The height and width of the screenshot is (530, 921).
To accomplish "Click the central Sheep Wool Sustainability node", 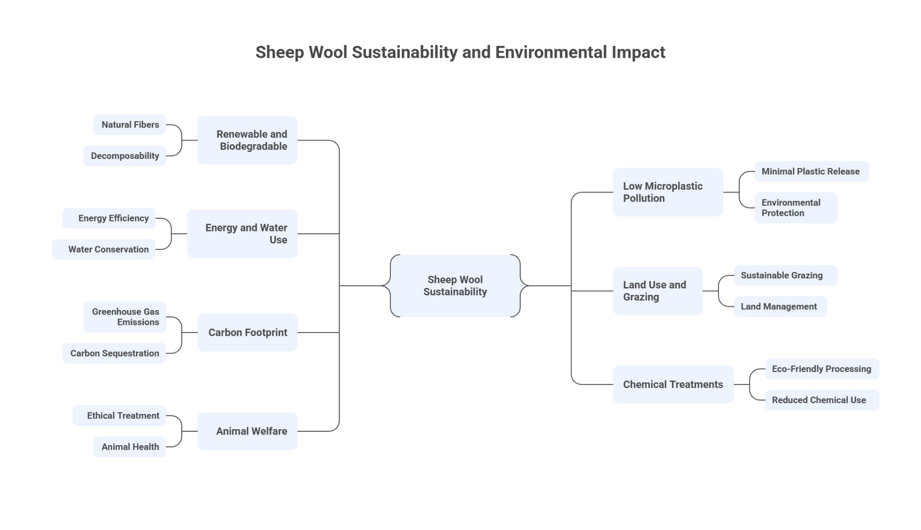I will pyautogui.click(x=455, y=286).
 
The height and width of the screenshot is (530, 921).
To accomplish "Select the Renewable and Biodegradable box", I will pyautogui.click(x=247, y=140).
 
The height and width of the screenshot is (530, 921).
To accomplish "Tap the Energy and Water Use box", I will pyautogui.click(x=242, y=234).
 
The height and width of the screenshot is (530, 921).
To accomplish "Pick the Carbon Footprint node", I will pyautogui.click(x=247, y=333).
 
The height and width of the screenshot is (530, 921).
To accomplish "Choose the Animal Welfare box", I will pyautogui.click(x=247, y=431).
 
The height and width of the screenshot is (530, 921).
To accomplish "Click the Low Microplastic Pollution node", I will pyautogui.click(x=668, y=192).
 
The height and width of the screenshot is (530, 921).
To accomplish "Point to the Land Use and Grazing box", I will pyautogui.click(x=657, y=291).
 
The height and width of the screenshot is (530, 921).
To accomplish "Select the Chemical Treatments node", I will pyautogui.click(x=673, y=384).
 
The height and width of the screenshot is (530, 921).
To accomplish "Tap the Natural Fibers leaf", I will pyautogui.click(x=130, y=124).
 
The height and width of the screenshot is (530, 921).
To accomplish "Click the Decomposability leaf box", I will pyautogui.click(x=124, y=156).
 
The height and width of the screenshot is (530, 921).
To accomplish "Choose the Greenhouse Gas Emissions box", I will pyautogui.click(x=124, y=317).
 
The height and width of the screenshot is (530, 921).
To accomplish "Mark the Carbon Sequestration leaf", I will pyautogui.click(x=114, y=353).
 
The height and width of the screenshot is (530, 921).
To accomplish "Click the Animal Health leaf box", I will pyautogui.click(x=130, y=447).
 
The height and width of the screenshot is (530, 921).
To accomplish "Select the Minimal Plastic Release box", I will pyautogui.click(x=811, y=171).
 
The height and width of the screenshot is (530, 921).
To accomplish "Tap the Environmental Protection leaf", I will pyautogui.click(x=796, y=208).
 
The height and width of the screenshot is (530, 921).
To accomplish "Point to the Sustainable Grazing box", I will pyautogui.click(x=786, y=275).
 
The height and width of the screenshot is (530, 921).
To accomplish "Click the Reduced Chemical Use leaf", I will pyautogui.click(x=821, y=400).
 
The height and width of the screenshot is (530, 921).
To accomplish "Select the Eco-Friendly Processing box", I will pyautogui.click(x=821, y=369).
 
